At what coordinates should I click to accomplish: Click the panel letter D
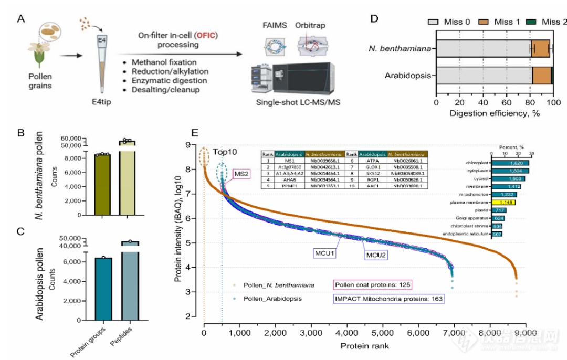point(374,18)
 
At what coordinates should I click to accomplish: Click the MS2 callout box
point(241,174)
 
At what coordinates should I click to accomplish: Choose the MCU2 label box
point(377,254)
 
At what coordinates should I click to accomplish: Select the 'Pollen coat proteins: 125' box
point(372,285)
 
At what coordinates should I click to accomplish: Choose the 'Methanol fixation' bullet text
point(166,62)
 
